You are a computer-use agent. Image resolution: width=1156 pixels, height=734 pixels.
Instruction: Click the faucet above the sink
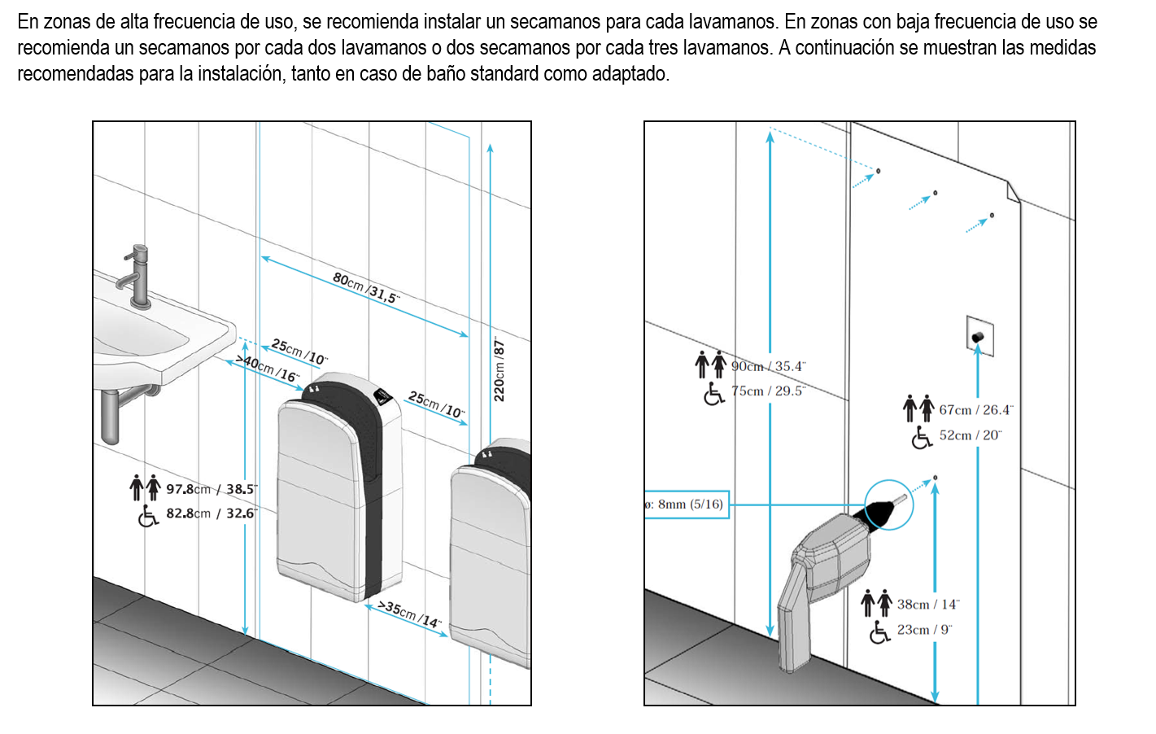click(x=138, y=277)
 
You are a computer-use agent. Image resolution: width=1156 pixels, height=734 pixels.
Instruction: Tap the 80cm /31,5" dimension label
click(x=365, y=287)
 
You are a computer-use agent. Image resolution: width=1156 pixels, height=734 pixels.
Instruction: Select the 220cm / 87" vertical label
click(x=499, y=370)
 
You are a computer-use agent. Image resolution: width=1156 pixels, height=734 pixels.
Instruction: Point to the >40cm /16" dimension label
click(x=268, y=368)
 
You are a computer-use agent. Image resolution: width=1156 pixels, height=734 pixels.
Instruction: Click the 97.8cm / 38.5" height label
click(x=211, y=489)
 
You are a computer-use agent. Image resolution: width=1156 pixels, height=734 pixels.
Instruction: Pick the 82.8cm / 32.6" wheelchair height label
click(x=211, y=513)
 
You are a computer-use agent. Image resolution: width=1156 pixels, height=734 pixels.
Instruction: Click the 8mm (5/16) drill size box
click(x=687, y=505)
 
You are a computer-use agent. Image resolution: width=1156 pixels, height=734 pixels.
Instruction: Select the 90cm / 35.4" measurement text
click(x=768, y=366)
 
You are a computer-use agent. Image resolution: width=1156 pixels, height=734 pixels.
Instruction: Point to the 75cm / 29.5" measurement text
click(x=768, y=391)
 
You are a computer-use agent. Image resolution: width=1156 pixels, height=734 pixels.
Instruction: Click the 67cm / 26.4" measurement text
click(x=976, y=410)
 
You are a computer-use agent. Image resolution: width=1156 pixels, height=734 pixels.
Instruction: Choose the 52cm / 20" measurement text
click(x=970, y=435)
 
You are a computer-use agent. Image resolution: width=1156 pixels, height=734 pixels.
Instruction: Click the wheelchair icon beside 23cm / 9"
click(x=879, y=631)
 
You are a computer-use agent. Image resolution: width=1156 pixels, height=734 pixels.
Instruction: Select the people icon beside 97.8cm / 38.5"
click(x=146, y=488)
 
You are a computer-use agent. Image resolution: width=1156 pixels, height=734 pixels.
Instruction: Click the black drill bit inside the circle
click(x=879, y=511)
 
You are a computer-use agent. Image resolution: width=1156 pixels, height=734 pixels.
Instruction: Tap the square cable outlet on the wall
click(x=979, y=335)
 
